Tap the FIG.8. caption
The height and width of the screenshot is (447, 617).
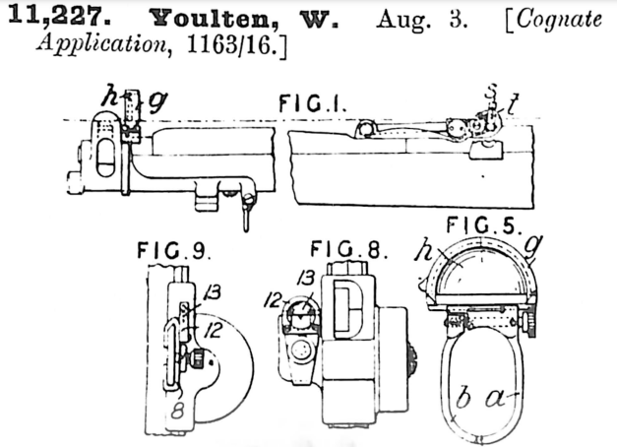tap(348, 250)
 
